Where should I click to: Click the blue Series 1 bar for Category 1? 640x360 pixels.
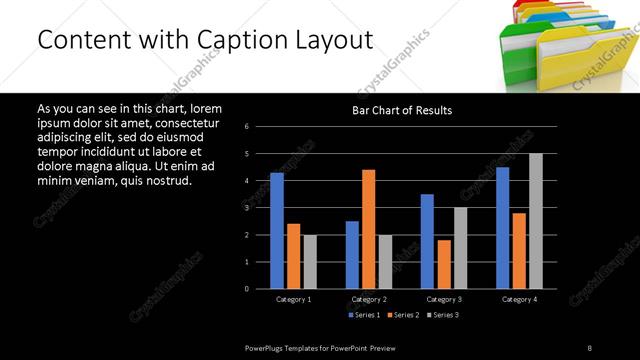[x=276, y=230]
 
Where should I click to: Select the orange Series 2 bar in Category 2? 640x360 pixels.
[x=368, y=229]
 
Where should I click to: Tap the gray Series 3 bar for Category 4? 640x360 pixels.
[x=535, y=221]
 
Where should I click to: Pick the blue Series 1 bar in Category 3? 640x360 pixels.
[x=427, y=241]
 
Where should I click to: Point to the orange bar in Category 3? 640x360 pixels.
[x=443, y=264]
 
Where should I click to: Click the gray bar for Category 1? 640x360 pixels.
[x=310, y=261]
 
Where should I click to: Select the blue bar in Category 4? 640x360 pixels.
[x=502, y=227]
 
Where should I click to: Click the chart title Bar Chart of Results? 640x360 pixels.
[x=402, y=110]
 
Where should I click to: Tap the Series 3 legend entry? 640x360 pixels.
[x=443, y=316]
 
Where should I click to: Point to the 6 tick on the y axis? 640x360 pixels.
[x=260, y=127]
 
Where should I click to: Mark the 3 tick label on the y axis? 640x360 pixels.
[x=260, y=208]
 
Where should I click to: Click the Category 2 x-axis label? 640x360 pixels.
[x=369, y=299]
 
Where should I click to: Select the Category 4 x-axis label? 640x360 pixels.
[x=518, y=299]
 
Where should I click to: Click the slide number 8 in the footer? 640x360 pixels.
[x=589, y=347]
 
